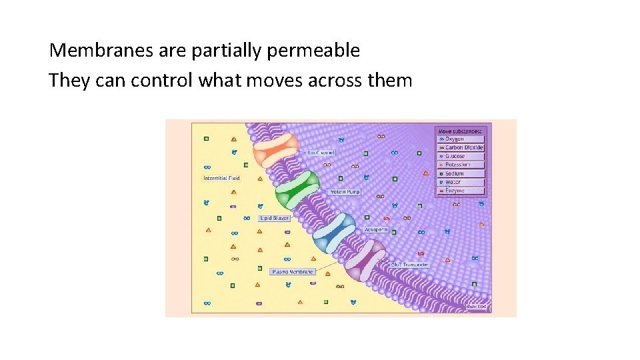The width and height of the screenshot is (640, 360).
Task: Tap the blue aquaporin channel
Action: [335, 229]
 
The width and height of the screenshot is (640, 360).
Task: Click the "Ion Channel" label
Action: [321, 153]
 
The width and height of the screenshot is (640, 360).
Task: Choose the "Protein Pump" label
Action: [344, 192]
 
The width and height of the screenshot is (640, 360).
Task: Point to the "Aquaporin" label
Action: [375, 229]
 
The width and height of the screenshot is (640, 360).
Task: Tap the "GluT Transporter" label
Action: [409, 265]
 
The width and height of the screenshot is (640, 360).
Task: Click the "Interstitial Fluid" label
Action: [221, 178]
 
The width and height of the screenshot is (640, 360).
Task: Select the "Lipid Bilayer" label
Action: [274, 218]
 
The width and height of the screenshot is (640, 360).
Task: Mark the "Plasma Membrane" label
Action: [293, 272]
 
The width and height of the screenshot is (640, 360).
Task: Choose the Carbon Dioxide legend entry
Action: [461, 147]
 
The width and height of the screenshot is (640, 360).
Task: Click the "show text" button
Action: [476, 307]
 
